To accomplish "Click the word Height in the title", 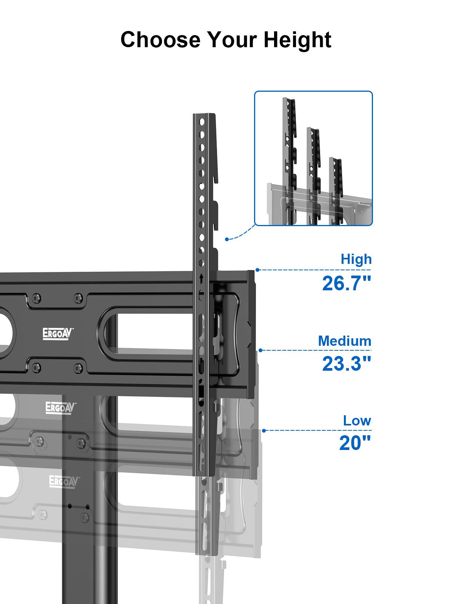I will coord(297,40).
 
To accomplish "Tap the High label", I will coord(356,259).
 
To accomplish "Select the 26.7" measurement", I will coord(347,283).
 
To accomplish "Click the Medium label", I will coord(344,341).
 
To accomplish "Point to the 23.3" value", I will coord(347,364).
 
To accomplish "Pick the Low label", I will coord(357,421).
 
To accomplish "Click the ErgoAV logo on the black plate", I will coord(58,334).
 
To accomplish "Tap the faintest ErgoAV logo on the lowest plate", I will coord(65,482).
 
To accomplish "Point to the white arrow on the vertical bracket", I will coord(202,279).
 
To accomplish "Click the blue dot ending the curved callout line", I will coord(226,239).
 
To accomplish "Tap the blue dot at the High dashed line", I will coord(257,270).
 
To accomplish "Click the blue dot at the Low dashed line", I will coord(264,430).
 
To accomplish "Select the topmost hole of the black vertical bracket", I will coord(202,122).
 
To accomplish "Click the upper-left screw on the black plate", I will coord(36,298).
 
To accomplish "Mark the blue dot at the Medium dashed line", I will coord(260,350).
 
